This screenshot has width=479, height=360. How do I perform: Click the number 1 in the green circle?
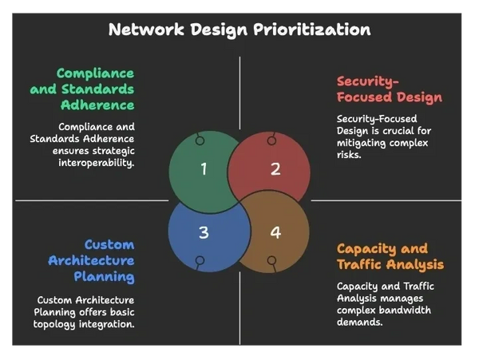click(204, 168)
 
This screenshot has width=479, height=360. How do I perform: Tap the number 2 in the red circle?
click(275, 168)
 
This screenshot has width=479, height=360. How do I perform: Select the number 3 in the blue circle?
click(204, 233)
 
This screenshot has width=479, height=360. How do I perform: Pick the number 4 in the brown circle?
click(275, 233)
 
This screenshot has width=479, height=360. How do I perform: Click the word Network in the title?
click(141, 30)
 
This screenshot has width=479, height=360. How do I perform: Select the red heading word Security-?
click(367, 81)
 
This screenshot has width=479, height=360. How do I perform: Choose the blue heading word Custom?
click(109, 244)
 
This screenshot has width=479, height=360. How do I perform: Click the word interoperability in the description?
click(93, 162)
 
